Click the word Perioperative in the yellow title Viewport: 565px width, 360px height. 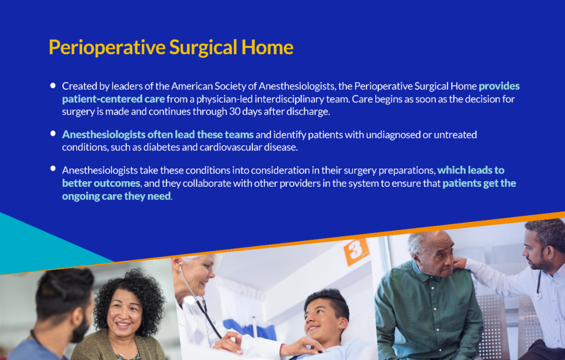[107, 48]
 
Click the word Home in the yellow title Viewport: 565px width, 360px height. [268, 47]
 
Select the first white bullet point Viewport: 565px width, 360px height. [53, 86]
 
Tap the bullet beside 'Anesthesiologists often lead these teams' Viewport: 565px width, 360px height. [53, 134]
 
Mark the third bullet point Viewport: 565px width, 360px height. [53, 168]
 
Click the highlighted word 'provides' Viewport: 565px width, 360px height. [499, 87]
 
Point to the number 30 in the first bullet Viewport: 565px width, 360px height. [234, 111]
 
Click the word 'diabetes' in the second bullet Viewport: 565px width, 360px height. [161, 147]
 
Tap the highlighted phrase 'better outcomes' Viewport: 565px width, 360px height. [102, 183]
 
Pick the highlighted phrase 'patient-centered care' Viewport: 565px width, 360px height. [114, 99]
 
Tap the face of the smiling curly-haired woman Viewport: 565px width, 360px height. [124, 314]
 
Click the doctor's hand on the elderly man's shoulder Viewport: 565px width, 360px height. [460, 263]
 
